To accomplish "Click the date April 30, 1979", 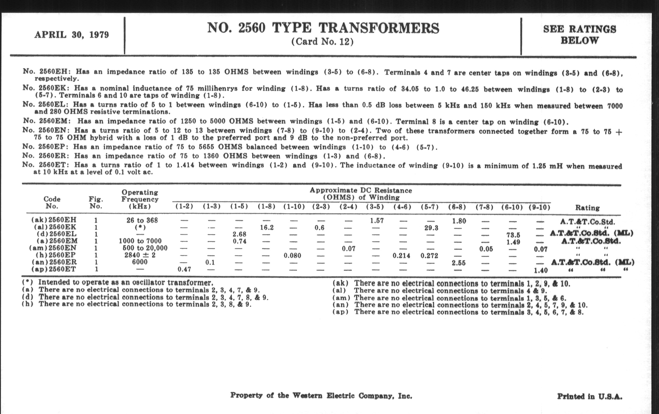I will [x=72, y=35].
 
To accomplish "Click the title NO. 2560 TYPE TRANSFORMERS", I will [x=323, y=28].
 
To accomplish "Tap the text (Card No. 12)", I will [x=322, y=42].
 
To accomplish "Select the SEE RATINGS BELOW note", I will [x=580, y=35].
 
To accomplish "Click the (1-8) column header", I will [x=266, y=206].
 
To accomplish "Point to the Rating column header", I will [x=587, y=208].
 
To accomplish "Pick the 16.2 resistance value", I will [x=267, y=228].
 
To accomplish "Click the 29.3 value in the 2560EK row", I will [x=431, y=228].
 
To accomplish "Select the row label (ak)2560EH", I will [x=54, y=220].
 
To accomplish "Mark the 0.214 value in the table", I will [x=402, y=256].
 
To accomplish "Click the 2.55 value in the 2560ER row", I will [x=459, y=263].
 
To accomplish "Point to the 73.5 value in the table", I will [x=513, y=235].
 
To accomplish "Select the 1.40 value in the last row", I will [x=541, y=270].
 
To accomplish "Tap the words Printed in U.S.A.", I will [x=590, y=396].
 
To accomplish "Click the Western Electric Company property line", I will [x=321, y=395].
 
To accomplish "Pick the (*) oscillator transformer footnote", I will [x=118, y=282].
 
